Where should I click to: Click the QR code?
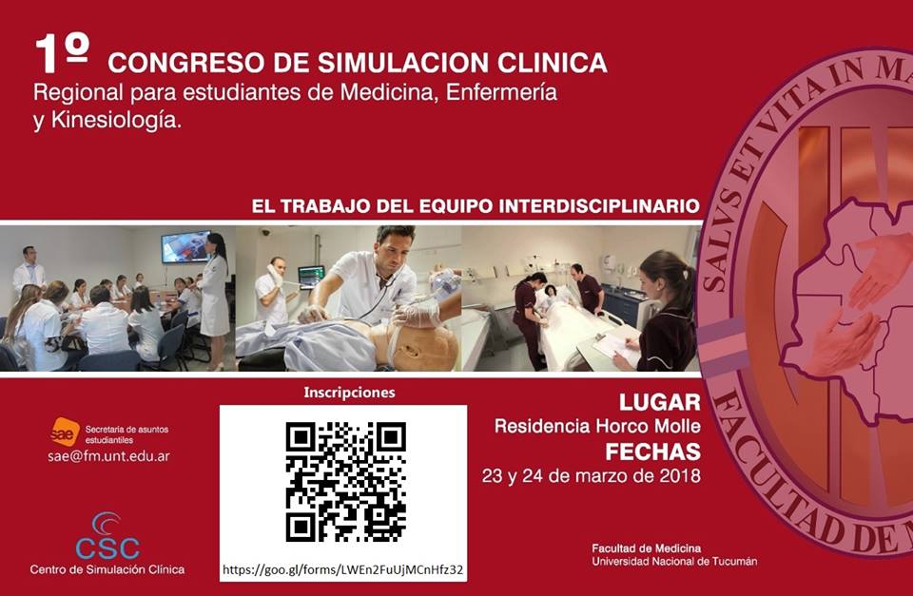[346, 482]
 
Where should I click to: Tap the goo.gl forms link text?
[343, 569]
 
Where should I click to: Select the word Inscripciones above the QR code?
[349, 393]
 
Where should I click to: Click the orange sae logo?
[65, 432]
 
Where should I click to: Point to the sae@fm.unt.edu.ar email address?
[108, 456]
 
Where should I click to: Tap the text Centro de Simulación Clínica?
[107, 569]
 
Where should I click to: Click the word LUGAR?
[659, 402]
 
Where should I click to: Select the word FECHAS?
[652, 452]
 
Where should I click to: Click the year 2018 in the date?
[679, 476]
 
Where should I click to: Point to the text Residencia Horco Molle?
[597, 427]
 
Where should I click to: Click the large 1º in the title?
[62, 53]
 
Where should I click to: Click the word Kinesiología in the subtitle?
[116, 121]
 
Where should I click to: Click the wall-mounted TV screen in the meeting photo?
[185, 247]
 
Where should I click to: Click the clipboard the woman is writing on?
[617, 346]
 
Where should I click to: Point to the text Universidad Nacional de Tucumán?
[674, 562]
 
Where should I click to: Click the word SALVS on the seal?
[719, 242]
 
